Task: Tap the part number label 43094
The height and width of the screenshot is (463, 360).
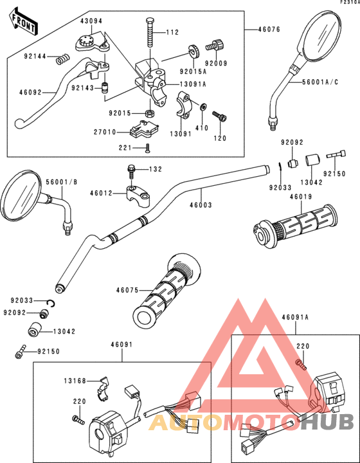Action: [x=91, y=21]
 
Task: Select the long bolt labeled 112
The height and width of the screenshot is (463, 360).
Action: [x=149, y=30]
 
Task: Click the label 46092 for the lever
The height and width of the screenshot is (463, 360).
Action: [x=30, y=93]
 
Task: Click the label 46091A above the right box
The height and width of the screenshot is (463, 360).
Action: [x=295, y=317]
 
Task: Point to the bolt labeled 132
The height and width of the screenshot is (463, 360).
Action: [x=132, y=171]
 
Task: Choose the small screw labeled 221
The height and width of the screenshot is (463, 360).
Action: [x=148, y=148]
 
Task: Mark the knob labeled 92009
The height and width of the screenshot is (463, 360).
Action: [x=214, y=46]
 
